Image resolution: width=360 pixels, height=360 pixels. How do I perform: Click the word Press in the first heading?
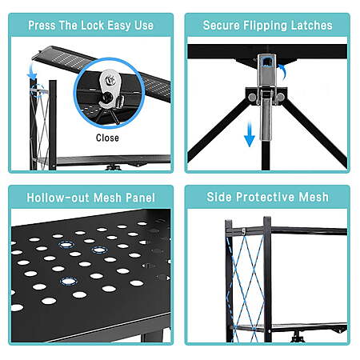[x=42, y=26]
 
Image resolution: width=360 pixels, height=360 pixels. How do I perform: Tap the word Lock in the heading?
[x=92, y=26]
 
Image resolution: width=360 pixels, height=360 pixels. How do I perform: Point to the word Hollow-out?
[x=58, y=198]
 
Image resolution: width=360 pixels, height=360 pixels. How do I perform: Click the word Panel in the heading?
[x=140, y=198]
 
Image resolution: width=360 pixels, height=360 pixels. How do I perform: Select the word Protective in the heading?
[x=266, y=197]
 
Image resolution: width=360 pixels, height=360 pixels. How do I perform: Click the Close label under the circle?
[x=107, y=138]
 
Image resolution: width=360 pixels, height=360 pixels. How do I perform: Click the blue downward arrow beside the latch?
[x=250, y=134]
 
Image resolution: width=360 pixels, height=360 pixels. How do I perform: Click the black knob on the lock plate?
[x=108, y=97]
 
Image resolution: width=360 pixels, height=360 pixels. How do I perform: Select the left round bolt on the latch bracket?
[x=251, y=98]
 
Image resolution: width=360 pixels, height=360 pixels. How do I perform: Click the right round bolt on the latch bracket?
[x=280, y=97]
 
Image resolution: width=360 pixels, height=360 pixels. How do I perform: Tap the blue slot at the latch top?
[x=266, y=62]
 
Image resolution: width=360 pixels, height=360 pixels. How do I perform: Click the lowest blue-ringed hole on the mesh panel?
[x=69, y=281]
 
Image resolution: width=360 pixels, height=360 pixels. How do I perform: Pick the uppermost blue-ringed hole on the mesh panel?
[x=66, y=244]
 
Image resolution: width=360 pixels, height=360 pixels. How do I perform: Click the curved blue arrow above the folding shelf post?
[x=32, y=72]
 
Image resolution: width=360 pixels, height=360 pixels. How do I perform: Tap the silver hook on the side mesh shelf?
[x=243, y=232]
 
